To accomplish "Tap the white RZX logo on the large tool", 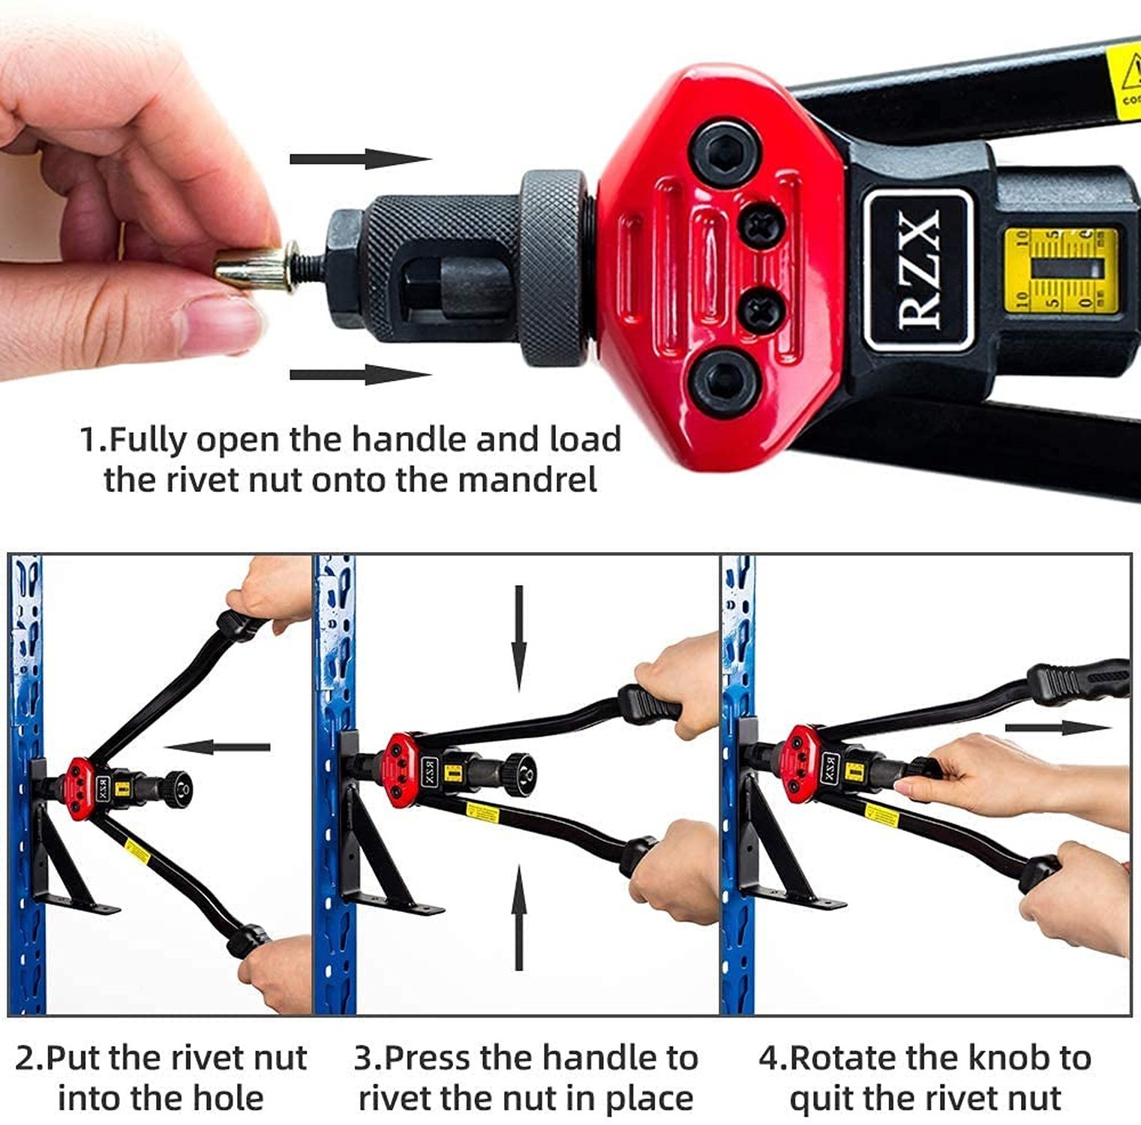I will tap(918, 269).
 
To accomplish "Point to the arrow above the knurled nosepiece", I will tap(359, 158).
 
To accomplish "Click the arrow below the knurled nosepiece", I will tap(359, 374).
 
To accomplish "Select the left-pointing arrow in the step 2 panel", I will tap(217, 747).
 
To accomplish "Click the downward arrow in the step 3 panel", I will tap(518, 638).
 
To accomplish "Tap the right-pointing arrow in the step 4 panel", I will tap(1057, 727).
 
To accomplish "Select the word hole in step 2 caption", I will tap(228, 1099).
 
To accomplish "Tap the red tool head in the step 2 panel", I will tap(79, 788).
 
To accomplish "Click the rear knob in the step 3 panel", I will tap(519, 774).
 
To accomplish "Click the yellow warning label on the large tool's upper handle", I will tap(1123, 82).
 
